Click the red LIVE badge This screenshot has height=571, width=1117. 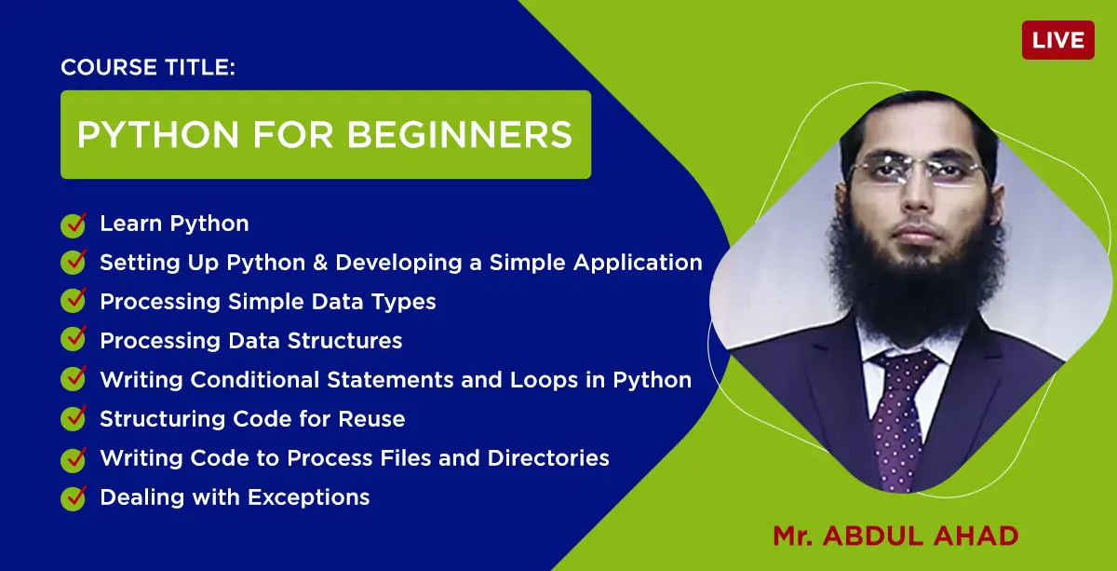1058,40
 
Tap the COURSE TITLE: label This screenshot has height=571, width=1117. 148,67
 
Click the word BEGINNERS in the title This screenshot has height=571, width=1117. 459,135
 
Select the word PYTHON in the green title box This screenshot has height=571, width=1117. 158,135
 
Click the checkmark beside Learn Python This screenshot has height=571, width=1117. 74,224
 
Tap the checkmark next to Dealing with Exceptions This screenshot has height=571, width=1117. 74,498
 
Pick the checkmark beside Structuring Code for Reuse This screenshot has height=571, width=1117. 74,418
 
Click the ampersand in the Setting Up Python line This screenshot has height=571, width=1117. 320,263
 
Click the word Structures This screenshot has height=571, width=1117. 344,341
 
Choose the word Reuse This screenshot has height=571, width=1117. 371,419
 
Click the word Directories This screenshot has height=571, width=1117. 548,458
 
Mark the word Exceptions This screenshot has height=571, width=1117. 309,498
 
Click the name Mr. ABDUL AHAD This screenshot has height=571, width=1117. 895,536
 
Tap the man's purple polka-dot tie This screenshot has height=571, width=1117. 899,419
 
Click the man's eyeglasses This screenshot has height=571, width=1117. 919,170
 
